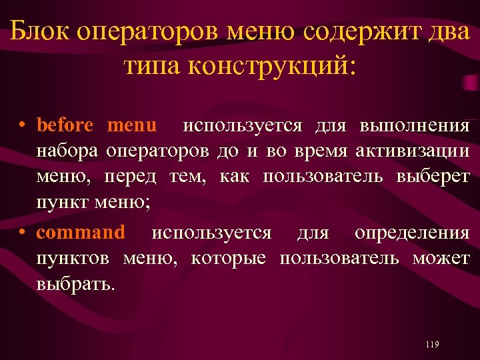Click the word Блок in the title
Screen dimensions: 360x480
(42, 31)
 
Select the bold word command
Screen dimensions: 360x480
(80, 233)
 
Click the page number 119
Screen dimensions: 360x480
(431, 344)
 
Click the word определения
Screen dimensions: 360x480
(412, 233)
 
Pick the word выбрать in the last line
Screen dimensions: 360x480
(75, 285)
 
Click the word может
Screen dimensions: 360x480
(441, 258)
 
